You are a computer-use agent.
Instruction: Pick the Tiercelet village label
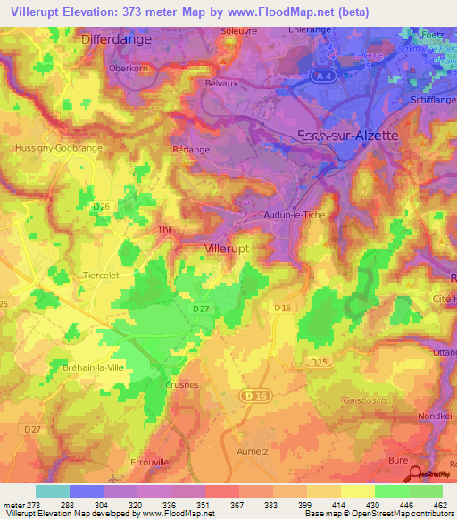[x=100, y=276]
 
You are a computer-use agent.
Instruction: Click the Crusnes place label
[x=181, y=384]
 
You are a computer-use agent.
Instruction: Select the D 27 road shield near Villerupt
[x=202, y=309]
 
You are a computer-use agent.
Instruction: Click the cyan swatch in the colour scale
[x=53, y=491]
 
